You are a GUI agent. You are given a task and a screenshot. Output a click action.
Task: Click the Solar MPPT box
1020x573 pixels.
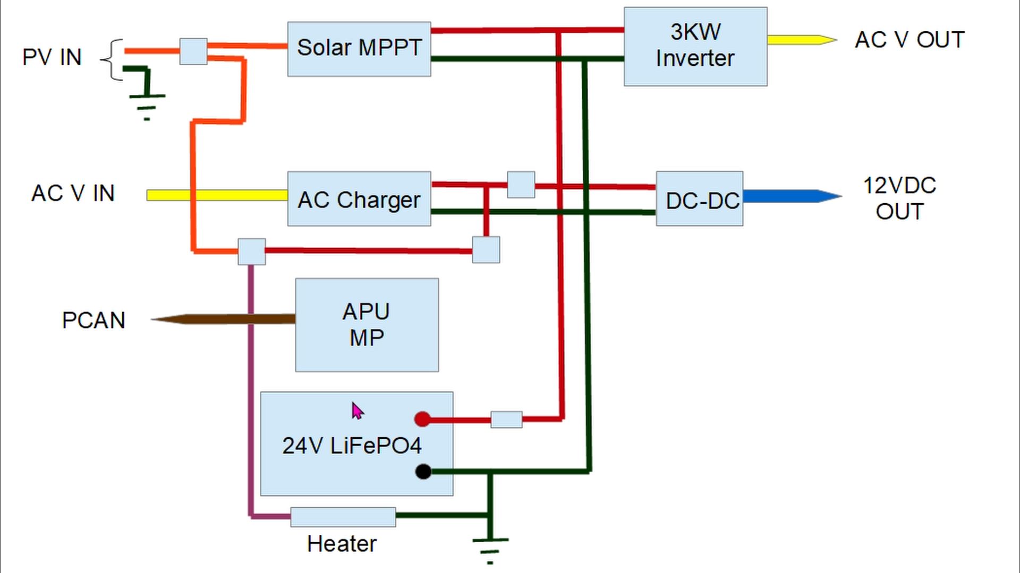click(359, 49)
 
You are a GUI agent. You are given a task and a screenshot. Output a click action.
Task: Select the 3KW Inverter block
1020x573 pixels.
click(695, 46)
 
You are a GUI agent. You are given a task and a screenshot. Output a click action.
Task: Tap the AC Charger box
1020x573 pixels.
click(359, 199)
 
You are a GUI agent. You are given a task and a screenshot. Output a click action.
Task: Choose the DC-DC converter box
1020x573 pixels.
click(700, 199)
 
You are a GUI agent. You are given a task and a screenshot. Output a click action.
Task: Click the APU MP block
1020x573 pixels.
click(367, 325)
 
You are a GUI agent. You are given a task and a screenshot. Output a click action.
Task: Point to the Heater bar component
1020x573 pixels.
click(343, 517)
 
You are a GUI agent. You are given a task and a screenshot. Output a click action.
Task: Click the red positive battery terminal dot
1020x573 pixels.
click(422, 419)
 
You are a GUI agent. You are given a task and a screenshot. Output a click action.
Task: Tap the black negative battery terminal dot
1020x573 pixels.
click(423, 471)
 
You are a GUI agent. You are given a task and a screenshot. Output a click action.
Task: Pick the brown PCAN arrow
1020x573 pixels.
click(223, 319)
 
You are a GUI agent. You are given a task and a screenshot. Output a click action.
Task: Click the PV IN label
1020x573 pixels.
click(52, 57)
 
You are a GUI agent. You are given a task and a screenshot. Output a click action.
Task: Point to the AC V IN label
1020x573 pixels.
click(73, 193)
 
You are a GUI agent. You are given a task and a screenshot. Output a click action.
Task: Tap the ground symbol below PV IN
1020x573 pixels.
click(147, 101)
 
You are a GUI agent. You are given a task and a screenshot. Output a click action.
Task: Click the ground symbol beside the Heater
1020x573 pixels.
click(490, 546)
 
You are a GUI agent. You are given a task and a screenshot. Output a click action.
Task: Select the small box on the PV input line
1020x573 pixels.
click(193, 51)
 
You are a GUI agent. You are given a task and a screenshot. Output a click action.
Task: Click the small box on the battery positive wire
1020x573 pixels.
click(506, 419)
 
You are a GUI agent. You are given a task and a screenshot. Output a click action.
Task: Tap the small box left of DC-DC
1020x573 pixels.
click(521, 185)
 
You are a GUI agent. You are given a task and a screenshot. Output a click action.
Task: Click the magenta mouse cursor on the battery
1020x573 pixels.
click(357, 411)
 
